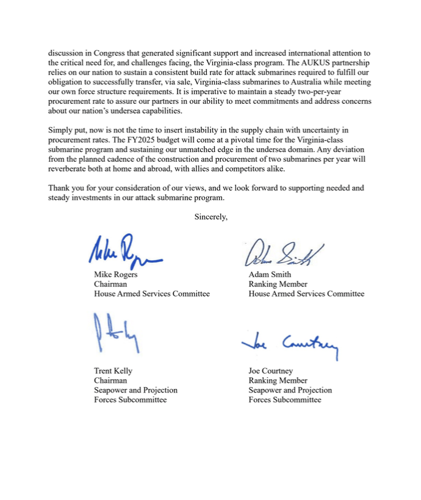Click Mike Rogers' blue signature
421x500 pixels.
pos(124,252)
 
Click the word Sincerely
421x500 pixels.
pos(210,217)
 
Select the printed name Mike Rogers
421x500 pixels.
pos(115,274)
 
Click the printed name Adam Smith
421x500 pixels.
pos(270,274)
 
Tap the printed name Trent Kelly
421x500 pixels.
pos(113,371)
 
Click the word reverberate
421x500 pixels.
pos(70,169)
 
